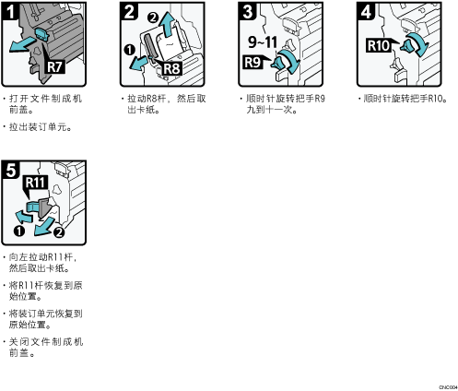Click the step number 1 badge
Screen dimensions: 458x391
tap(11, 11)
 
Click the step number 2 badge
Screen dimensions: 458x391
tap(129, 11)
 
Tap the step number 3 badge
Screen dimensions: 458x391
tap(248, 11)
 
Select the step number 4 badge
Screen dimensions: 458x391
tap(366, 11)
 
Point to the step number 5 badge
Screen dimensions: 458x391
tap(11, 170)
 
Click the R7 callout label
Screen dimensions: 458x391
tap(55, 66)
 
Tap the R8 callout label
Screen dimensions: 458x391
tap(171, 68)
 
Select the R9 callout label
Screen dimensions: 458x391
tap(252, 62)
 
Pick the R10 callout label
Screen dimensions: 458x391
tap(379, 46)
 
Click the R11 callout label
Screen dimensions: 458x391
tap(35, 183)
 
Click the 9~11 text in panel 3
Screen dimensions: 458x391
tap(263, 41)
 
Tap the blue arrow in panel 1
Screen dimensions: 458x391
tap(23, 44)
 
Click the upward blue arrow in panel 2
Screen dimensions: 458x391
tap(167, 25)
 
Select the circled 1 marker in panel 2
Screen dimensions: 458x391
tap(130, 50)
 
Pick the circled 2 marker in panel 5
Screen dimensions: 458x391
tap(59, 232)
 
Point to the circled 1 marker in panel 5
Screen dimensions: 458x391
tap(19, 231)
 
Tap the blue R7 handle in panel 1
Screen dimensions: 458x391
tap(42, 34)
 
